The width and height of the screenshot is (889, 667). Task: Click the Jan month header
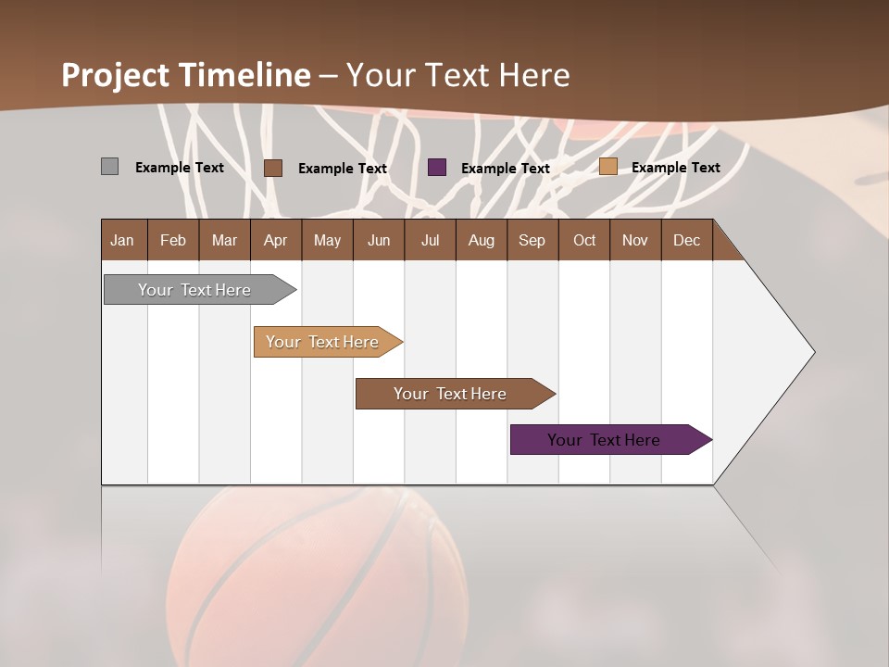(122, 240)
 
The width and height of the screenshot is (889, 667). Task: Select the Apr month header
(275, 240)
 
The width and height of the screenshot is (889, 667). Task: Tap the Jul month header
(430, 240)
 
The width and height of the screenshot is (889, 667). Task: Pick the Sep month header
(532, 240)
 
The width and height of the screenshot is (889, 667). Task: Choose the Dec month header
(686, 240)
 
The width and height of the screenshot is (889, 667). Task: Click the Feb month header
(173, 240)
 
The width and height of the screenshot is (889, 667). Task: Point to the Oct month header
(584, 240)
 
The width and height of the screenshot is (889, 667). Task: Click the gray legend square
(109, 167)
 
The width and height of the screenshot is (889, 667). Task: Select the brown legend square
(272, 168)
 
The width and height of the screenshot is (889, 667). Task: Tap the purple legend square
(437, 168)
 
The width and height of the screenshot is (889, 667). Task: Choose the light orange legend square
(607, 167)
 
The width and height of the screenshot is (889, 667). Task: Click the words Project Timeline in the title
(185, 75)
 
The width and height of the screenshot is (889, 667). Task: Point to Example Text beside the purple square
(505, 169)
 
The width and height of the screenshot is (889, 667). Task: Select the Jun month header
(379, 240)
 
